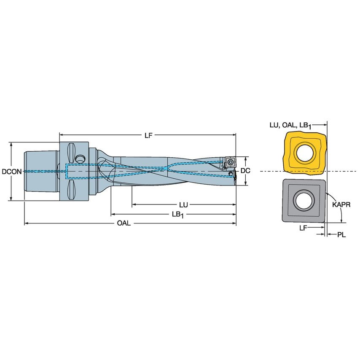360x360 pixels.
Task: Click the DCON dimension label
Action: pos(9,172)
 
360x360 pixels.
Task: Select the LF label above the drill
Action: pos(148,135)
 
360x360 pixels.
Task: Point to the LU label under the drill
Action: pos(183,205)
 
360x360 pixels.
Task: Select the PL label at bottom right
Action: pos(341,234)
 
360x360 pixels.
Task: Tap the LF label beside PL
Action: pos(303,228)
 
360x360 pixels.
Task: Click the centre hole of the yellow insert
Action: pos(304,153)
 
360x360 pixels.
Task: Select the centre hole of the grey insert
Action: pos(304,201)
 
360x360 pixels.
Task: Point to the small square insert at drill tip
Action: pos(230,161)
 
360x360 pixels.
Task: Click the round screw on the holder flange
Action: pos(80,159)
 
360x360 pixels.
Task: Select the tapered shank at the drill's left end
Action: pos(40,171)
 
